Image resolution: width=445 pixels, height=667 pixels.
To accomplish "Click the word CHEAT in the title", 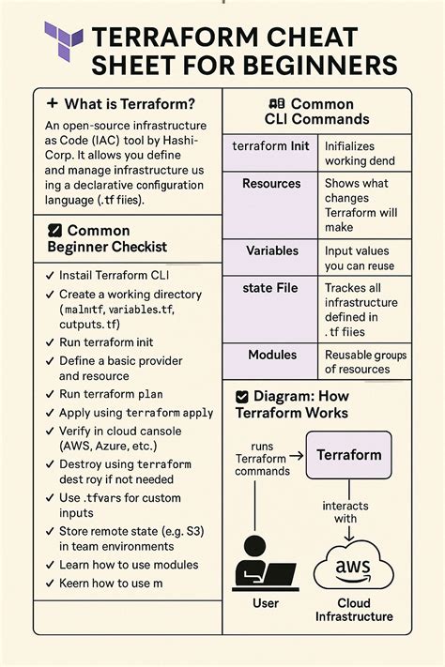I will pos(311,38).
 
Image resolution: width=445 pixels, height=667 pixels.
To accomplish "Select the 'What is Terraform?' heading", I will pos(120,103).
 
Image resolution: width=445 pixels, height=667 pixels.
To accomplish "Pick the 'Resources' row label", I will pos(271,183).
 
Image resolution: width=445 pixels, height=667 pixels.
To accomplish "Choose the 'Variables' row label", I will pos(272,251).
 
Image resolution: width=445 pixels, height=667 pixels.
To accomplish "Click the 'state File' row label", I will pos(273,288).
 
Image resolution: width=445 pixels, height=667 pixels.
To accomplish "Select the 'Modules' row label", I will pos(272,356).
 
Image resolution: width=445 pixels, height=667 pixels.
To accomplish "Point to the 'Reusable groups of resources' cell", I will pos(365,362).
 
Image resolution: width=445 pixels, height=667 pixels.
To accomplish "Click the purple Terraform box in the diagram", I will pos(349,455).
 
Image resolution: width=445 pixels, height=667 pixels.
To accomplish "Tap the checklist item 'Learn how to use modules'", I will pos(129,564).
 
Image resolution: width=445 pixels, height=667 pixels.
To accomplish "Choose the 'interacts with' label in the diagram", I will pos(352,511).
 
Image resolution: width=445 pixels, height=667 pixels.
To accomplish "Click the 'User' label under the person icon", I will pos(266,603).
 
